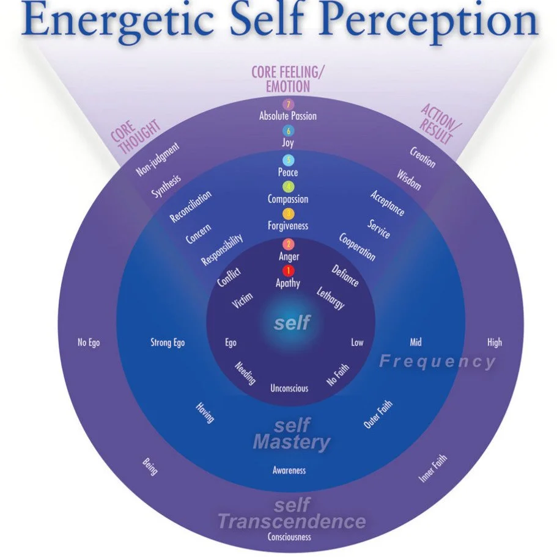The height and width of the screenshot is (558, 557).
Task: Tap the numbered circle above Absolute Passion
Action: coord(288,104)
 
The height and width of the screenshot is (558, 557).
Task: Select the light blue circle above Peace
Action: coord(288,160)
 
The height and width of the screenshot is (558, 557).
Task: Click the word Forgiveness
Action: coord(288,226)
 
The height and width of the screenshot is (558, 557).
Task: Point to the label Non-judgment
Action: coord(158,159)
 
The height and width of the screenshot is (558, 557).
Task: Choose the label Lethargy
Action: coord(331,297)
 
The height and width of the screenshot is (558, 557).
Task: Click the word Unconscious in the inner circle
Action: coord(289,388)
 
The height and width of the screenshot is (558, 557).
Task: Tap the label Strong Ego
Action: coord(168,342)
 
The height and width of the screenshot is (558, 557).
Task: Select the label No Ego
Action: coord(89,342)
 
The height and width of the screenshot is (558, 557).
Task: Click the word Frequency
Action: coord(437,361)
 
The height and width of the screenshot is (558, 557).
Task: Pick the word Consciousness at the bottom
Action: coord(289,537)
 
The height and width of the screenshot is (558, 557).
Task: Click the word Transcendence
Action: coord(292,522)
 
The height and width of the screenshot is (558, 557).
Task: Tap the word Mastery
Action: coord(292,442)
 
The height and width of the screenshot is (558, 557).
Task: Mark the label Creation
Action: coord(422,158)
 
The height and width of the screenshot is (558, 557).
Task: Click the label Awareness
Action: coord(289,471)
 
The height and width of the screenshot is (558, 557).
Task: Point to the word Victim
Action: coord(243,300)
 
